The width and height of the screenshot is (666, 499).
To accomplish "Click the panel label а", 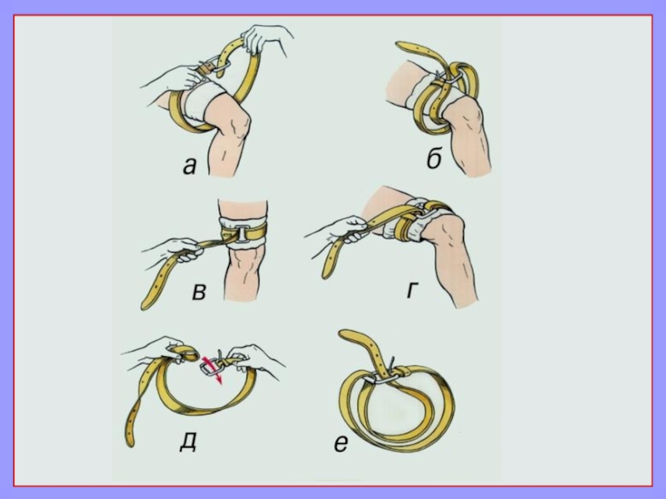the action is click(x=190, y=166).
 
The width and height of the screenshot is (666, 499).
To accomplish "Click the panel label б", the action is click(x=434, y=160).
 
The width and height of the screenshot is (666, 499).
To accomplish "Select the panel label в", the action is click(x=199, y=292).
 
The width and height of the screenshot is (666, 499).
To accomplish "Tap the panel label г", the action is click(x=411, y=289).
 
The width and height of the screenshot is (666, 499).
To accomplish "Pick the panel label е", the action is click(x=341, y=443).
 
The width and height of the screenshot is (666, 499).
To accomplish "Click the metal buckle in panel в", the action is click(x=242, y=233).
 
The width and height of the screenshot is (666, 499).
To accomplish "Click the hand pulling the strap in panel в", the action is click(x=182, y=250).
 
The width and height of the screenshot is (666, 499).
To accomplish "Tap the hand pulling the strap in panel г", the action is click(x=353, y=230).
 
